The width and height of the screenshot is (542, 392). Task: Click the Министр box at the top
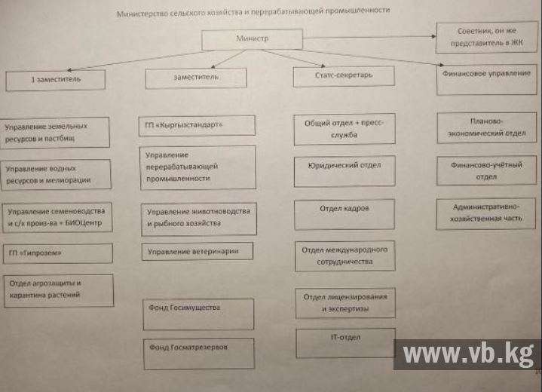pyautogui.click(x=252, y=39)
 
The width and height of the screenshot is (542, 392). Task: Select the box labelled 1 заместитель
pyautogui.click(x=55, y=79)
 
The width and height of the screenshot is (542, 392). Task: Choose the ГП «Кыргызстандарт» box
pyautogui.click(x=197, y=125)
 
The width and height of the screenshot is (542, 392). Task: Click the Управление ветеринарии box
pyautogui.click(x=197, y=251)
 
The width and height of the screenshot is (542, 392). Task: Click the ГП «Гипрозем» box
pyautogui.click(x=57, y=253)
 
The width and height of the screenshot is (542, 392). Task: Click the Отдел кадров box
pyautogui.click(x=344, y=213)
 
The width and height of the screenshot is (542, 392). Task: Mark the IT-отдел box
pyautogui.click(x=344, y=342)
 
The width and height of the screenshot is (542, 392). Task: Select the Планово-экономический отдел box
pyautogui.click(x=486, y=127)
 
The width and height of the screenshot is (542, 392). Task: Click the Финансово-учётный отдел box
pyautogui.click(x=486, y=170)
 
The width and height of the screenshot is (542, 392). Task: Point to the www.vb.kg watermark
pyautogui.click(x=467, y=354)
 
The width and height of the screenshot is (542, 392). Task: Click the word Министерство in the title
pyautogui.click(x=143, y=14)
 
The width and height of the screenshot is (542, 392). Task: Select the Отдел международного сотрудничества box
pyautogui.click(x=344, y=256)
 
